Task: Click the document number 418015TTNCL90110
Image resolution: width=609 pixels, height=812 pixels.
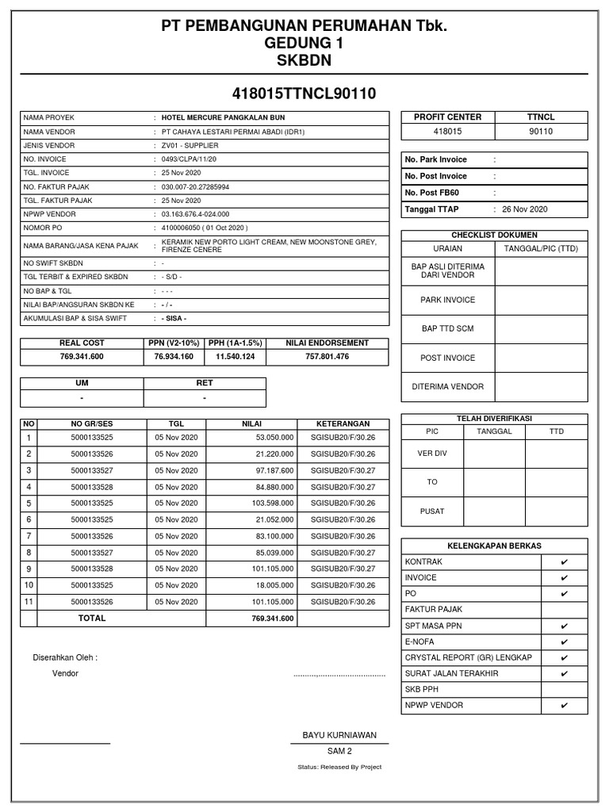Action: point(304,94)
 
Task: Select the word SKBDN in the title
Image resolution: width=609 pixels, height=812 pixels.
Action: point(304,61)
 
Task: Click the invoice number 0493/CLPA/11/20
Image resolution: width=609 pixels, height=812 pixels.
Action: point(189,159)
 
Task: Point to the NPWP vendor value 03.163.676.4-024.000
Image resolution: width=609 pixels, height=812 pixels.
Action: point(195,214)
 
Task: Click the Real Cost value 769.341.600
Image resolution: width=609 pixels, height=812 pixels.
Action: point(82,357)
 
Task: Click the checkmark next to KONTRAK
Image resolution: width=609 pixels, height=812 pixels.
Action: point(564,561)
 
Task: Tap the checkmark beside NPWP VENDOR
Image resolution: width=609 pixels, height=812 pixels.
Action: point(564,705)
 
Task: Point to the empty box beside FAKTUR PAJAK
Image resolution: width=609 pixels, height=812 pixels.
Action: point(564,609)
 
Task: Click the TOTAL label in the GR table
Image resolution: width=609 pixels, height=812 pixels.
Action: point(92,619)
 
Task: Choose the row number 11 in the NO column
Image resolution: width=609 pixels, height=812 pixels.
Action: point(29,602)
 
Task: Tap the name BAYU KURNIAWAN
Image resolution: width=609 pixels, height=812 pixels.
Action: point(339,735)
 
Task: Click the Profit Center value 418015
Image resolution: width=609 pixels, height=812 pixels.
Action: point(448,132)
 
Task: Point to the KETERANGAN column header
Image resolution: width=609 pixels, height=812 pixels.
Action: point(343,423)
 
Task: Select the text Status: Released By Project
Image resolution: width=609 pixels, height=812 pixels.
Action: point(339,767)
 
